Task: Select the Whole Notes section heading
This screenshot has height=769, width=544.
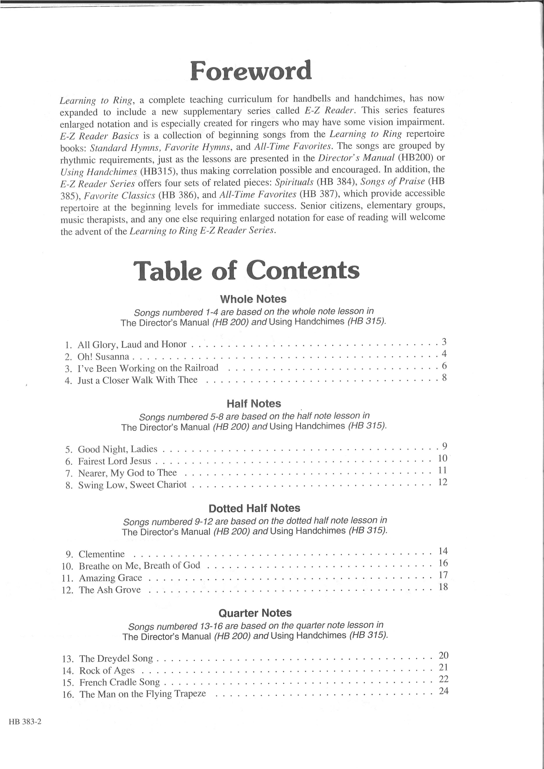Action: pos(253,299)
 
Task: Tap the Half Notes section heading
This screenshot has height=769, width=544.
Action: pos(254,404)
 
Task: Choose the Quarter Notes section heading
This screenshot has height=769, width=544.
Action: pos(255,613)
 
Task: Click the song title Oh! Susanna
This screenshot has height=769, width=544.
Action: pos(103,356)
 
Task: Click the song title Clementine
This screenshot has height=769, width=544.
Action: pos(102,554)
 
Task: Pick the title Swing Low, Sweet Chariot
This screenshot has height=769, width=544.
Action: pos(132,485)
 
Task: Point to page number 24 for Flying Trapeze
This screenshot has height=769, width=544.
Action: pos(444,691)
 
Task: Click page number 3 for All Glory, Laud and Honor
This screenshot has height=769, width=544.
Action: pos(444,342)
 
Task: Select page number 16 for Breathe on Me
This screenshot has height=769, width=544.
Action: pos(443,563)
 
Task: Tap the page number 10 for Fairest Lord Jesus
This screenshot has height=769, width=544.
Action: pos(442,458)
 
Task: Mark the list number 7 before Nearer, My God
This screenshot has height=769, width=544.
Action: pos(69,473)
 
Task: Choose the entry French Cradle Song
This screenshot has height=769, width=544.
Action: pos(120,682)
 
